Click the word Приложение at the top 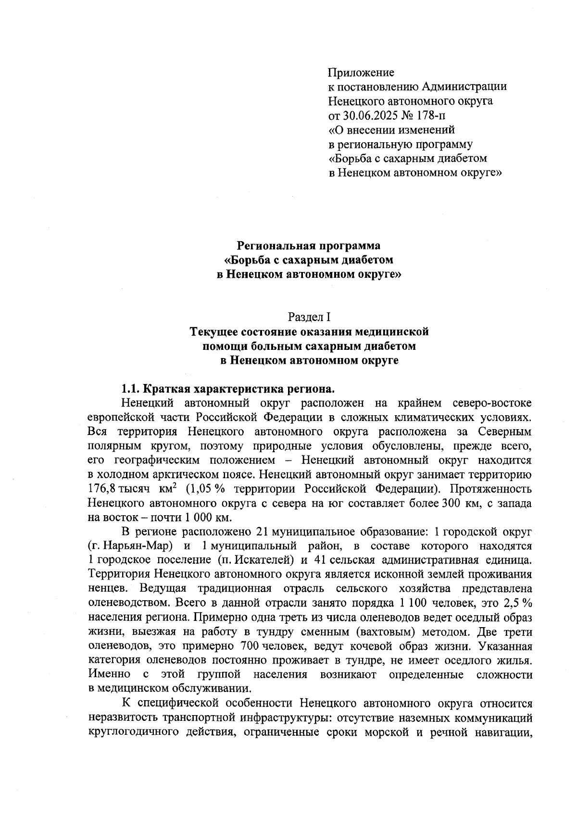coord(361,73)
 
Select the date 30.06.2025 coord(369,115)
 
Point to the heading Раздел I coord(309,317)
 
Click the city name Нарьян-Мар coord(137,546)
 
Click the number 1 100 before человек coord(410,603)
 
